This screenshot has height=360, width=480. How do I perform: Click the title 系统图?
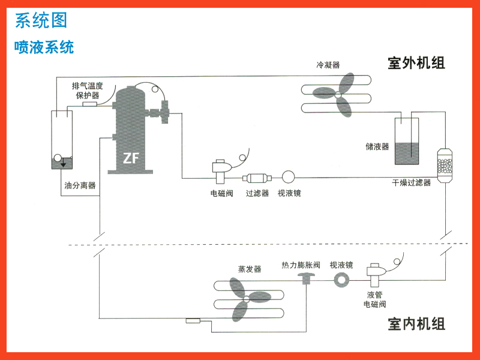pyautogui.click(x=41, y=20)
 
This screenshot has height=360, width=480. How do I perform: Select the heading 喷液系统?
pyautogui.click(x=44, y=47)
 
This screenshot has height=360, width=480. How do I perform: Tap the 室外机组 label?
pyautogui.click(x=416, y=63)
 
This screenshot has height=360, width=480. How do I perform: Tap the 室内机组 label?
pyautogui.click(x=416, y=324)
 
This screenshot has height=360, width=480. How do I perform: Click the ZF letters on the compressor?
pyautogui.click(x=131, y=159)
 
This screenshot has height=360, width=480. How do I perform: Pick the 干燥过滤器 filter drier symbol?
pyautogui.click(x=444, y=162)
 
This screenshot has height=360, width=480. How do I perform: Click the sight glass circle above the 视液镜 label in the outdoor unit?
pyautogui.click(x=288, y=177)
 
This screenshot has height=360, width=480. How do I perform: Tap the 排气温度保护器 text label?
pyautogui.click(x=87, y=90)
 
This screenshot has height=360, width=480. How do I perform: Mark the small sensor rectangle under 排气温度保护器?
pyautogui.click(x=90, y=104)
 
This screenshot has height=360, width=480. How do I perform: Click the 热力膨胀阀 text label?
pyautogui.click(x=301, y=265)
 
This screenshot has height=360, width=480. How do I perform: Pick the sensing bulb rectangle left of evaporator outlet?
pyautogui.click(x=194, y=321)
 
